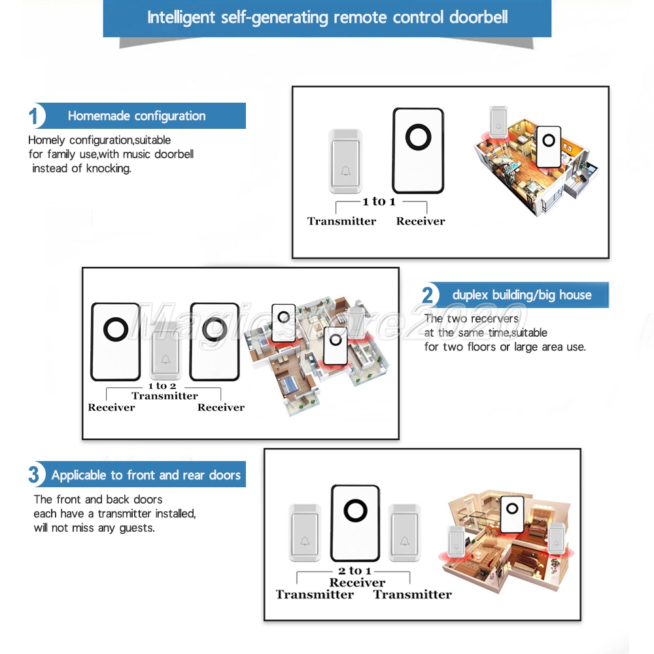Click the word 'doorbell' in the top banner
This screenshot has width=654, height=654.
[x=479, y=18]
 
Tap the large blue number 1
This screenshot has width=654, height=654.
[x=33, y=116]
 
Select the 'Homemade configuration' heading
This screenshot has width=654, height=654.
[x=137, y=116]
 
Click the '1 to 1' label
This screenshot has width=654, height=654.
[x=379, y=201]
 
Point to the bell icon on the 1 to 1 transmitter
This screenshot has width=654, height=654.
[x=346, y=171]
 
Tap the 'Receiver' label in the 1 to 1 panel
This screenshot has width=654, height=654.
[x=421, y=221]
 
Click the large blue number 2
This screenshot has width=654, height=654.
[x=428, y=295]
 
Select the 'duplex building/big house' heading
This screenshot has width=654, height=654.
[x=522, y=295]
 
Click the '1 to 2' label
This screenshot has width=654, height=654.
[x=162, y=386]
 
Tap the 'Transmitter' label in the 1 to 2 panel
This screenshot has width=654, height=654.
[x=165, y=396]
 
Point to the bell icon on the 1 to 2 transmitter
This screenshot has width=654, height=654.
[x=165, y=359]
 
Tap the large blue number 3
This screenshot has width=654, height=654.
[x=34, y=474]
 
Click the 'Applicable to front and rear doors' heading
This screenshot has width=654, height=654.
[x=146, y=475]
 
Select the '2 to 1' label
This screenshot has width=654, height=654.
[x=354, y=570]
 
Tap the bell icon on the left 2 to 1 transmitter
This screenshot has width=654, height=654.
[x=305, y=541]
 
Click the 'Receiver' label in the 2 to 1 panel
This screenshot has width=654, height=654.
[x=358, y=582]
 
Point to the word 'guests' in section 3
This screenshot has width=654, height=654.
[x=137, y=528]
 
